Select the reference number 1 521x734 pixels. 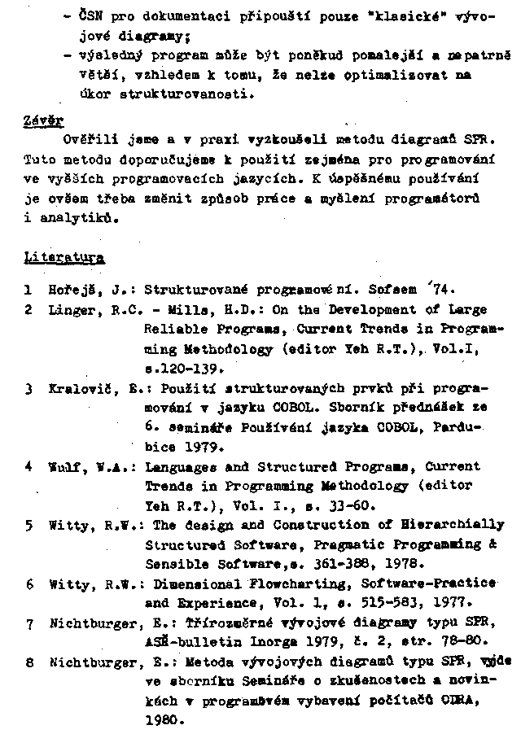tap(28, 289)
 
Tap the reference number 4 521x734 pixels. tap(28, 467)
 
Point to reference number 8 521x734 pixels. tap(28, 663)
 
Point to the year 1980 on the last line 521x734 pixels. tap(161, 720)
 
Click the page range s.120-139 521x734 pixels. tap(184, 368)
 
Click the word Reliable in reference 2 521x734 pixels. tap(173, 330)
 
